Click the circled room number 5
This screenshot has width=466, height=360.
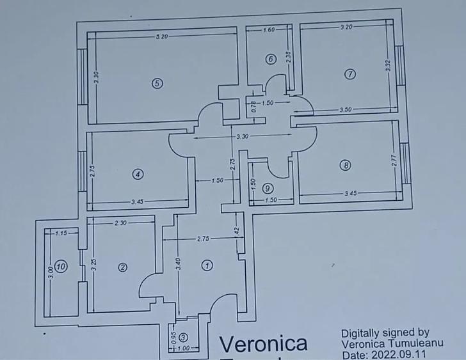tap(156, 82)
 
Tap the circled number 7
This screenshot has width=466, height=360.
tap(349, 74)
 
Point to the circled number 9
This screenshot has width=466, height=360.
tap(268, 188)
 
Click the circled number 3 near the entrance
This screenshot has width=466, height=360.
tap(184, 338)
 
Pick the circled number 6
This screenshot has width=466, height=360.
tap(270, 59)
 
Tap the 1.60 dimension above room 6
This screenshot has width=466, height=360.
tap(269, 30)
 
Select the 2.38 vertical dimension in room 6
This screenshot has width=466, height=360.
tap(289, 57)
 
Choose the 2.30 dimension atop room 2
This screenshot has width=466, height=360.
tap(120, 223)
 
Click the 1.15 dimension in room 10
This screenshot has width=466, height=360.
tap(61, 233)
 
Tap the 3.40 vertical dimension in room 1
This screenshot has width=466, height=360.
tap(179, 263)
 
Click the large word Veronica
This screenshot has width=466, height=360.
tap(263, 344)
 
